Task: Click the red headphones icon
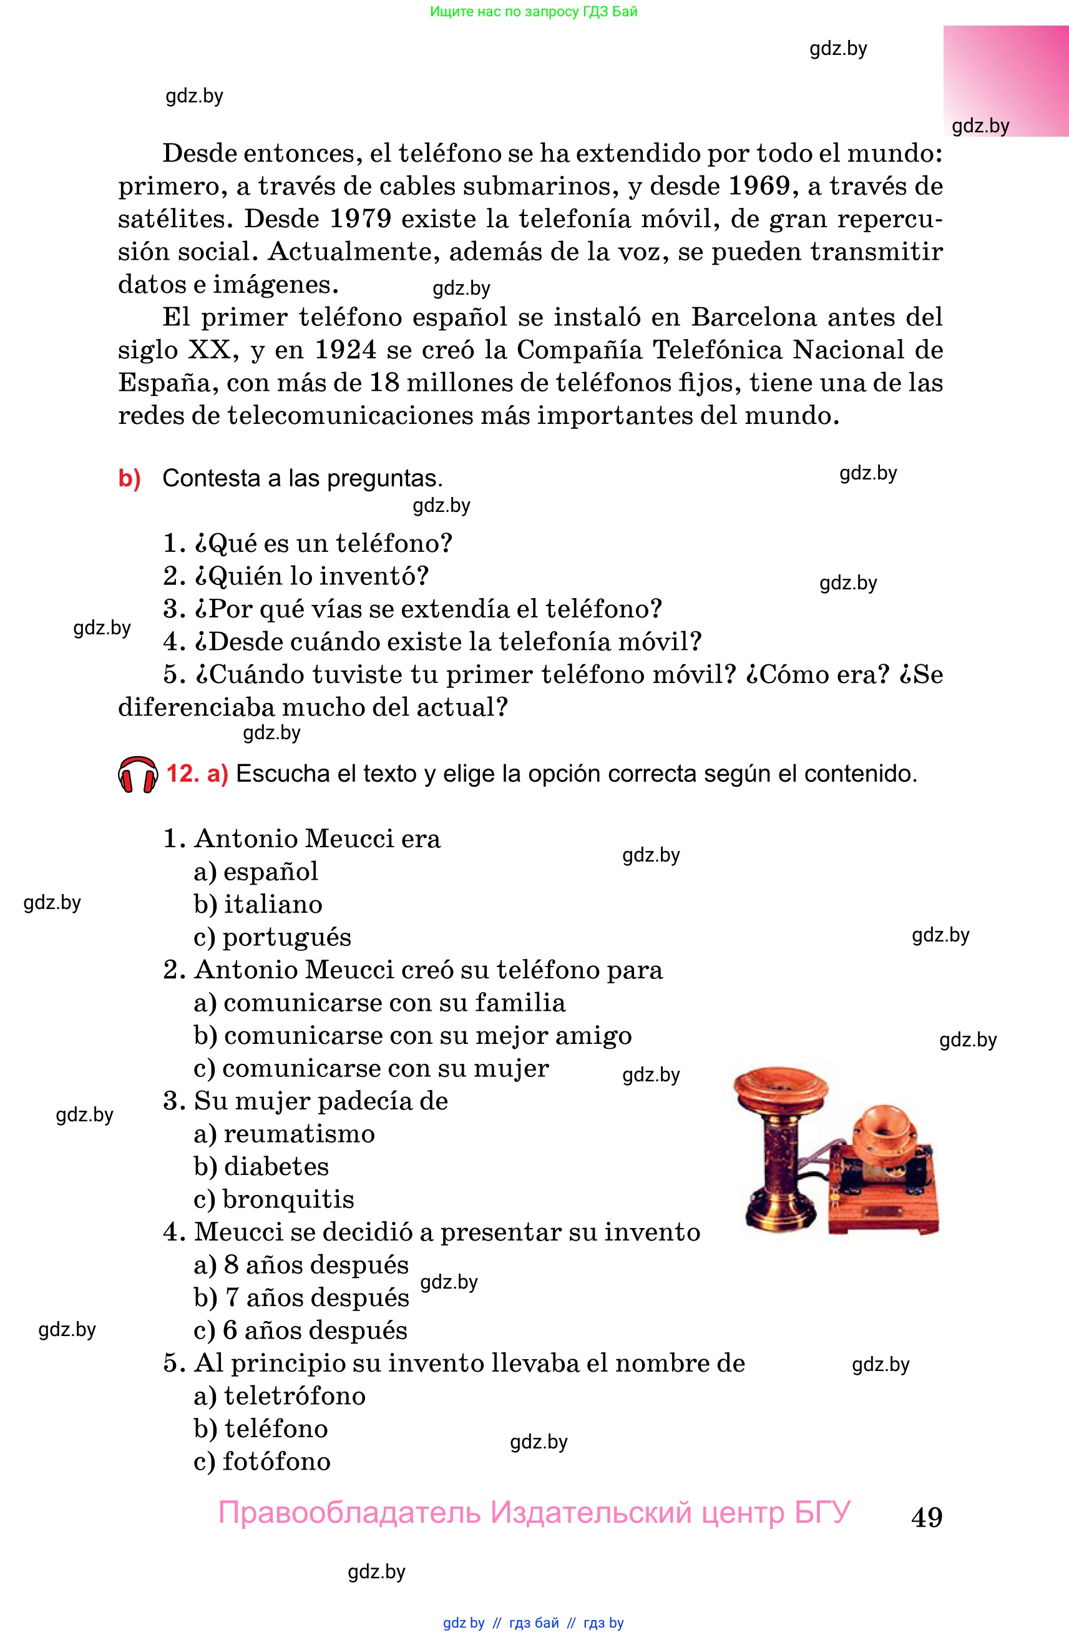(137, 775)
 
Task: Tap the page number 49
(926, 1517)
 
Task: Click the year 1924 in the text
(345, 350)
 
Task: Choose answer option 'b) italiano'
(258, 904)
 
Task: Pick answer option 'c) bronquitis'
(273, 1199)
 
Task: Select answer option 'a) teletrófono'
(279, 1395)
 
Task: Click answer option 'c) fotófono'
(262, 1461)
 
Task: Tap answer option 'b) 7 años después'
(301, 1297)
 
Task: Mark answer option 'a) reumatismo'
(284, 1134)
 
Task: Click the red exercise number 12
(182, 774)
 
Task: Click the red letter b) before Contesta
(129, 478)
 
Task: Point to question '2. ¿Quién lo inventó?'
(296, 576)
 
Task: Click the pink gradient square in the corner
(1005, 81)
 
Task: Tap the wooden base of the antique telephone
(884, 1217)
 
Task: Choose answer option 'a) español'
(256, 872)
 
